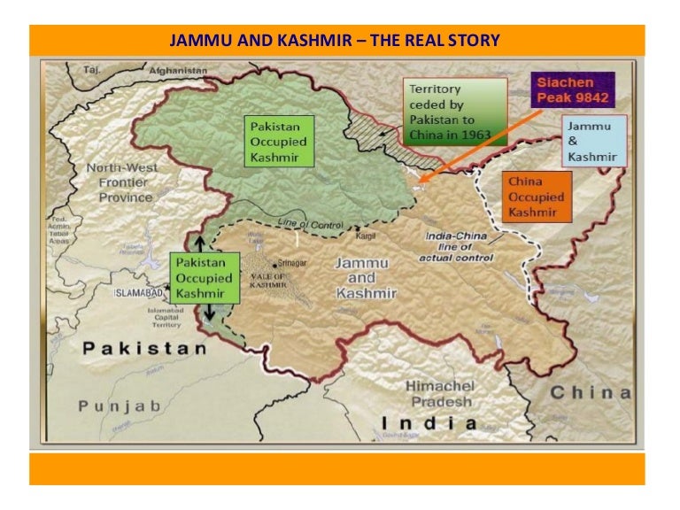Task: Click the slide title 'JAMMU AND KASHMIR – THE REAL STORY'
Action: pos(334,41)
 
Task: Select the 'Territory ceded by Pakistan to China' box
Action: pos(454,112)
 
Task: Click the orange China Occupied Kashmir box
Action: pos(536,196)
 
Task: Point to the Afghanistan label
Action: pos(178,70)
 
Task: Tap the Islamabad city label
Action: pos(140,291)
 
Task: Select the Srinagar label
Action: pos(292,264)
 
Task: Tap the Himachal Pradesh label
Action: pos(440,395)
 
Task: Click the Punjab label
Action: pos(120,406)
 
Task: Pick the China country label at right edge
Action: pos(591,392)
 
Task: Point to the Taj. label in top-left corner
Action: pos(92,69)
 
